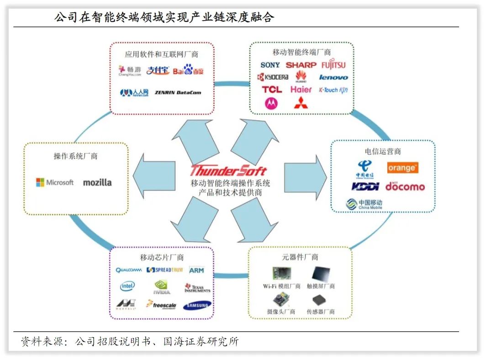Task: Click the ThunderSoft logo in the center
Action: [x=229, y=170]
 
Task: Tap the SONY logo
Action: [x=270, y=65]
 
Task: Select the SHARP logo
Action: [x=301, y=65]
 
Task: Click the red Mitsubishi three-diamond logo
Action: [x=301, y=102]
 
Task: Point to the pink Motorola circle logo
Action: [x=271, y=103]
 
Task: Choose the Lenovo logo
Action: [x=333, y=77]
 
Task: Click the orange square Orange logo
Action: [x=402, y=168]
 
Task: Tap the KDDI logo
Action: [x=365, y=186]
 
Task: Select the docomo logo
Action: [x=405, y=186]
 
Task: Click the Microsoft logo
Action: [x=55, y=182]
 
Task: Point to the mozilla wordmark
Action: [x=97, y=182]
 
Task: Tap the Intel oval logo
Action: [x=127, y=286]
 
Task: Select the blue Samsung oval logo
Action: [x=197, y=305]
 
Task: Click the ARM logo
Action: [x=196, y=270]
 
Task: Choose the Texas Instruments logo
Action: [x=197, y=288]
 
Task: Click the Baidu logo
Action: [x=188, y=70]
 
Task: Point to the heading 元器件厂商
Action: [x=300, y=257]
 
